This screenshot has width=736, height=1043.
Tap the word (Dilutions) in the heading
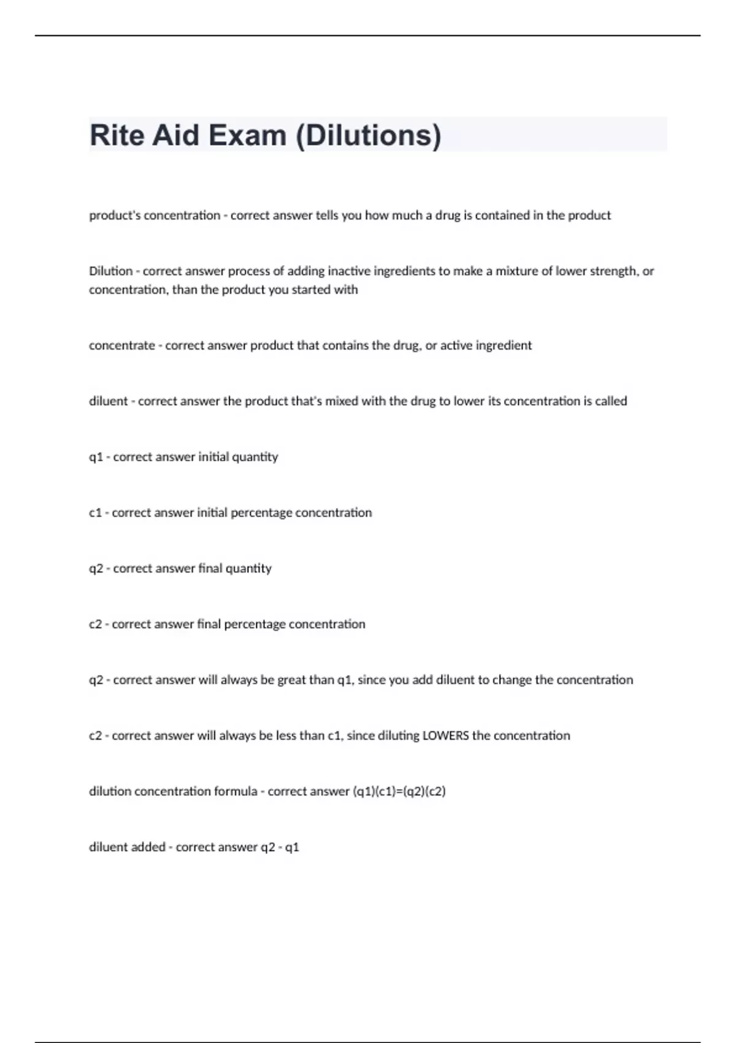[368, 135]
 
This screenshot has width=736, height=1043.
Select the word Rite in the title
[117, 135]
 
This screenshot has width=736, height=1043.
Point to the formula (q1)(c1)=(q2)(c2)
[399, 791]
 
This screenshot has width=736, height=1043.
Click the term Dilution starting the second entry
[110, 271]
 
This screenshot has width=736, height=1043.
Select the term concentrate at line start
[121, 345]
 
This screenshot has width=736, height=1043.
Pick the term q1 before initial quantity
[96, 456]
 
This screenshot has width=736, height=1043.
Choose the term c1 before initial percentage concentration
[95, 512]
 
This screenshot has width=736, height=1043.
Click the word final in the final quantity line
[210, 568]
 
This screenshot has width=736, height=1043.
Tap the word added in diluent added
[148, 847]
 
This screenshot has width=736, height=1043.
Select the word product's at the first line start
[114, 215]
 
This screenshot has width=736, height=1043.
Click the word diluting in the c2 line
[397, 735]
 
